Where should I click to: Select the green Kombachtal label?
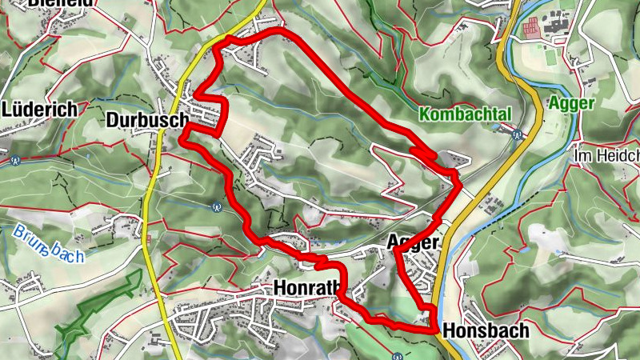coord(464,114)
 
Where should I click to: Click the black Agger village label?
coord(413,242)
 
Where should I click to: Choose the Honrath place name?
coord(307,288)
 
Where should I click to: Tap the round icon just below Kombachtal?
coord(518,134)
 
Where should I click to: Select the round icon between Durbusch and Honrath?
coord(216,206)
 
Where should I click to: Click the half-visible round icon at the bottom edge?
coord(398,356)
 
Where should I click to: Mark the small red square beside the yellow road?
coord(148,239)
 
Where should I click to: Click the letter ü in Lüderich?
coord(20,110)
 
